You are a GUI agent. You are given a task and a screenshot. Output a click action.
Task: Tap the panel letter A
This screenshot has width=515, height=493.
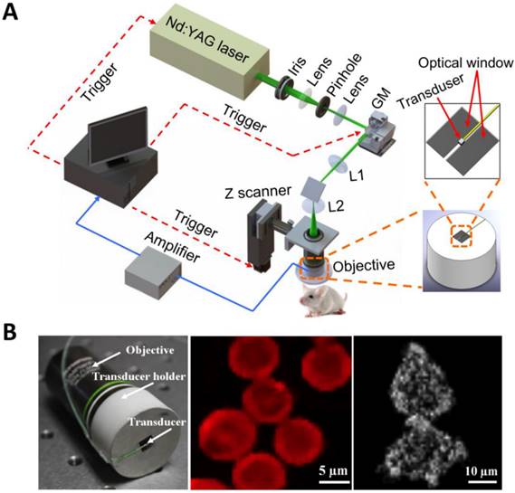click(x=13, y=15)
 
